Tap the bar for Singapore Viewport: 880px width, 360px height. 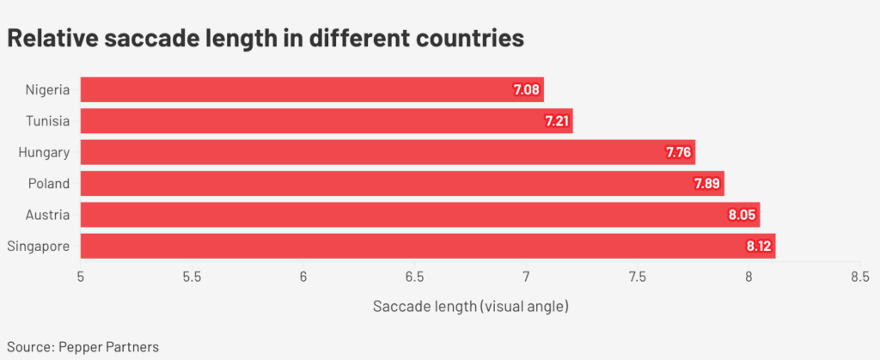coord(427,247)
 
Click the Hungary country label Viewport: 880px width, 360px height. coord(44,153)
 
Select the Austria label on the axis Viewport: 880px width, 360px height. coord(47,216)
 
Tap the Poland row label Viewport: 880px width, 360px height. coord(48,184)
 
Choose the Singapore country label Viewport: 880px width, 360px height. coord(38,247)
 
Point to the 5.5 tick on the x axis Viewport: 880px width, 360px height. coord(192,277)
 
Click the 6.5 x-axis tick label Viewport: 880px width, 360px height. coord(415,277)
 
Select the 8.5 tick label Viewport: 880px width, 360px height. coord(859,277)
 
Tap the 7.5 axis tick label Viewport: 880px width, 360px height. coord(637,277)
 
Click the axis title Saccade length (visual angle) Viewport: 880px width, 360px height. coord(471,306)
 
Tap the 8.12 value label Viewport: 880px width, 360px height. coord(760,247)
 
